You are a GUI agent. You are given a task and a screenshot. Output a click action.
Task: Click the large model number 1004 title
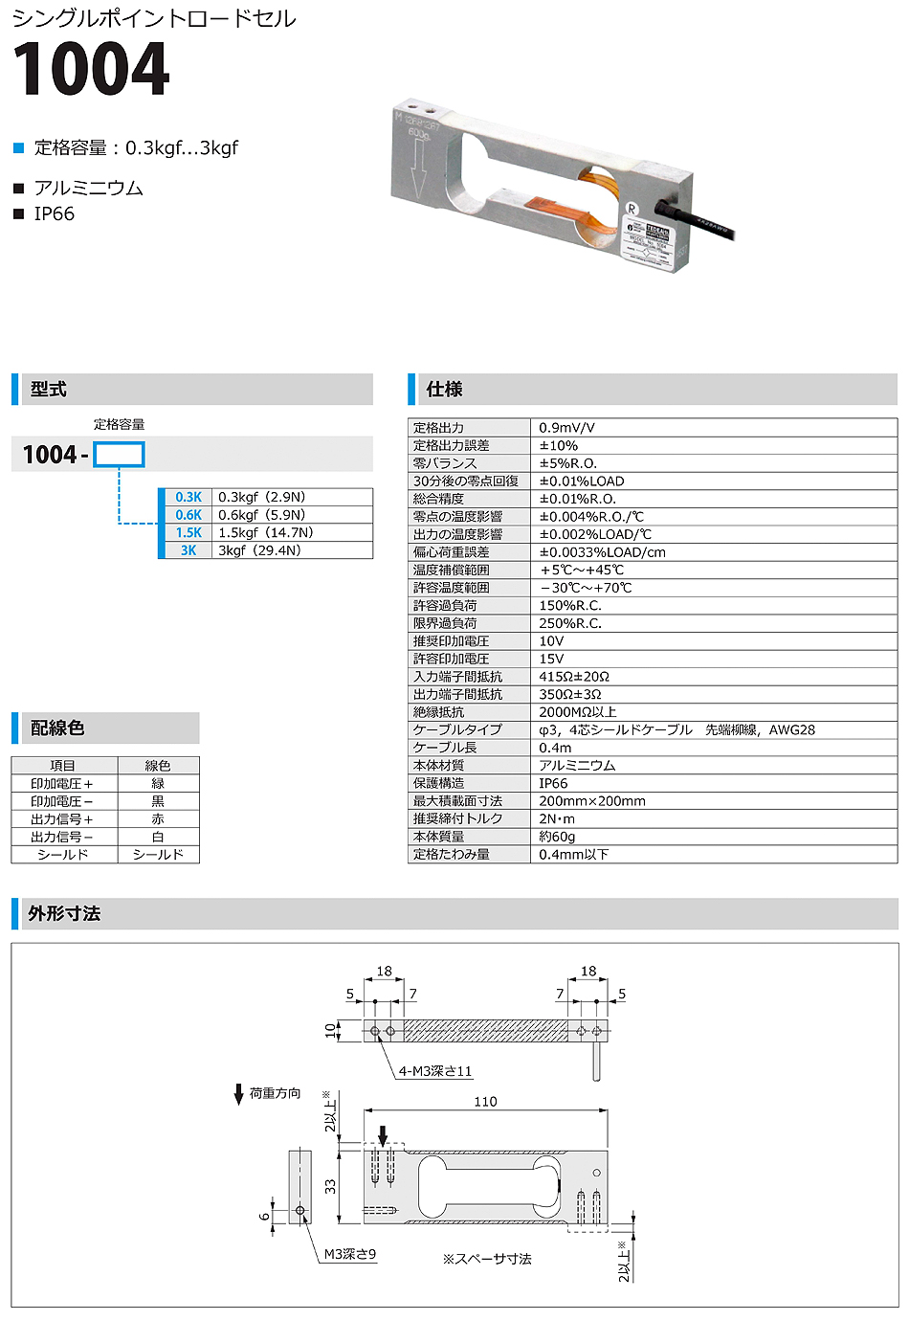(x=91, y=70)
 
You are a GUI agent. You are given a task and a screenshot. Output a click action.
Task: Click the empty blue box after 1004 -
(x=119, y=455)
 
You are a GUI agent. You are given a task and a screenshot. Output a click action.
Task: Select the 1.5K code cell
(x=188, y=533)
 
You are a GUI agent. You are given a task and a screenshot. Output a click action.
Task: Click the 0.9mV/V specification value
(x=566, y=428)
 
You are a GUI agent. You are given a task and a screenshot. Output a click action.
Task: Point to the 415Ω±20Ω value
(x=574, y=677)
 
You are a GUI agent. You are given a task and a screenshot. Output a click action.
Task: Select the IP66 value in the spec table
(x=553, y=783)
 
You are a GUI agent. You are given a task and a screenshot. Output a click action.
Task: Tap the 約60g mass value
(x=557, y=837)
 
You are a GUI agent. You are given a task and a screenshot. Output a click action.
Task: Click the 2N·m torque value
(x=557, y=818)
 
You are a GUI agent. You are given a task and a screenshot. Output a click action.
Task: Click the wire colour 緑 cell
(x=158, y=784)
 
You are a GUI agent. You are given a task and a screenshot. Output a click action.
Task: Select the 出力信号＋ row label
(x=62, y=819)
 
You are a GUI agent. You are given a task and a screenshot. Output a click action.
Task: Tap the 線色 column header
(x=158, y=766)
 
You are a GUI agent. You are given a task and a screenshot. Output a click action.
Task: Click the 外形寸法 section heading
(x=64, y=914)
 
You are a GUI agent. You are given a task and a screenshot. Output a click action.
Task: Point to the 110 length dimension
(x=485, y=1102)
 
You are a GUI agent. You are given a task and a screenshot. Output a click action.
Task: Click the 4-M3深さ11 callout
(x=435, y=1071)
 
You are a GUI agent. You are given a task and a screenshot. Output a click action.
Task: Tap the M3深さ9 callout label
(x=350, y=1254)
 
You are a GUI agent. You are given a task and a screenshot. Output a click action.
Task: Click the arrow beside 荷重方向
(x=239, y=1094)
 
